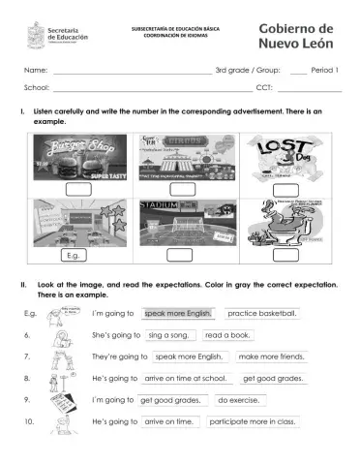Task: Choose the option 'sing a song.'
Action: pyautogui.click(x=169, y=334)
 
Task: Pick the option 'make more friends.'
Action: pyautogui.click(x=271, y=356)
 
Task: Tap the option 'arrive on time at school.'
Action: pyautogui.click(x=185, y=378)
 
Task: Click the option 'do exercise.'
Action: pyautogui.click(x=237, y=400)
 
